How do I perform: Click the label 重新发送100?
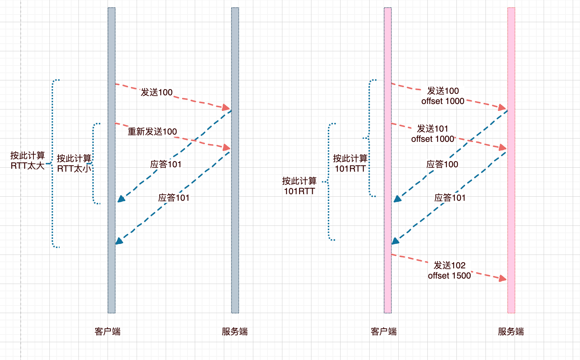point(152,132)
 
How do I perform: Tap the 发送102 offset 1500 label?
point(450,271)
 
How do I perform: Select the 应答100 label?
point(442,164)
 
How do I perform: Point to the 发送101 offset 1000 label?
point(432,134)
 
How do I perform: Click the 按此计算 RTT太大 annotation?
point(28,161)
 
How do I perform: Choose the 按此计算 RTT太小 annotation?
point(74,164)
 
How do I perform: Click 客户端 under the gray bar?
point(108,332)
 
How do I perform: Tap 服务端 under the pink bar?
point(511,332)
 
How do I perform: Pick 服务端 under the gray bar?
point(235,332)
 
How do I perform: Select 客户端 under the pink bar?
point(384,332)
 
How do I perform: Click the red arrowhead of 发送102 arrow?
point(503,279)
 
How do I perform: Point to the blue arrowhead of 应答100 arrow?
point(397,199)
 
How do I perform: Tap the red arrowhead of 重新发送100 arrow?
point(227,147)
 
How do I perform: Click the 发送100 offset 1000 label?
point(443,96)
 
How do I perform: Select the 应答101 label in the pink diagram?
point(450,198)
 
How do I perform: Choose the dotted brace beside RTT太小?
point(94,164)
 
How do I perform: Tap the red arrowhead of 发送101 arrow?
point(503,147)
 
